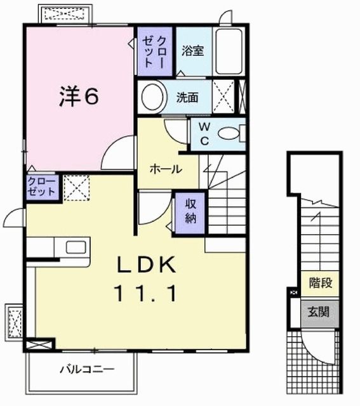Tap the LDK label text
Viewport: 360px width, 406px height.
(x=145, y=265)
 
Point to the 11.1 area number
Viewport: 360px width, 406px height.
(x=145, y=294)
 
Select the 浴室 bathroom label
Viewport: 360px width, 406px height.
(x=192, y=51)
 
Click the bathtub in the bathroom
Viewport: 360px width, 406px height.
(x=230, y=51)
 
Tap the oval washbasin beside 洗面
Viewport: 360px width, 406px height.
(x=153, y=98)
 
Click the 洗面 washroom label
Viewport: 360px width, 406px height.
(x=188, y=98)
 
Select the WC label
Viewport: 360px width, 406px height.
(x=204, y=133)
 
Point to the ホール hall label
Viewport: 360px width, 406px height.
(x=166, y=169)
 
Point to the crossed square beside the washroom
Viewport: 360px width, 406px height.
(x=223, y=97)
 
